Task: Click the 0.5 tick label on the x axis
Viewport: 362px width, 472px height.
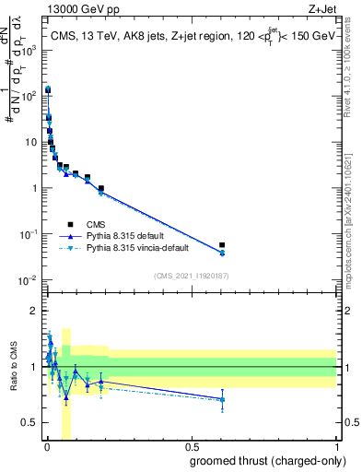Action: [191, 448]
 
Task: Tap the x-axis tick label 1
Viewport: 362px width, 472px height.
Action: [336, 448]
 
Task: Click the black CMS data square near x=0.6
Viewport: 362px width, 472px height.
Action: [222, 245]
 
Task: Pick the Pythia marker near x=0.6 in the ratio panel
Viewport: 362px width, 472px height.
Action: [222, 399]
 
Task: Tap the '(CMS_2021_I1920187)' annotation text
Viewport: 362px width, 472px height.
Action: [190, 277]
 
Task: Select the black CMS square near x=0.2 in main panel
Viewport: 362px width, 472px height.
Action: [100, 188]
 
